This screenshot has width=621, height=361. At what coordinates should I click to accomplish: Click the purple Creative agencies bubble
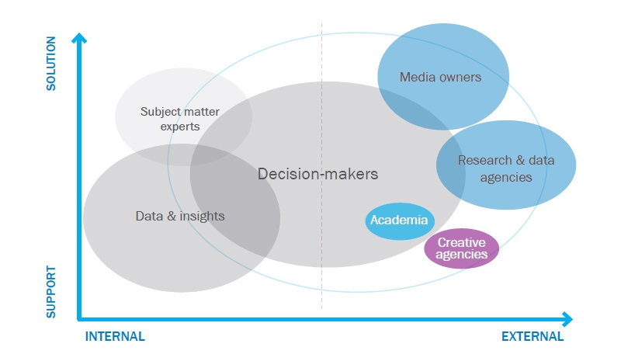pyautogui.click(x=461, y=248)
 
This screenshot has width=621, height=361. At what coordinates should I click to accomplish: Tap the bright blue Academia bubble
pyautogui.click(x=399, y=220)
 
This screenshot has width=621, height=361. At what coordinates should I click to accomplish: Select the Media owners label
pyautogui.click(x=440, y=77)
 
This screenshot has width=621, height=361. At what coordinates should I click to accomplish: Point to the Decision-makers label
pyautogui.click(x=318, y=174)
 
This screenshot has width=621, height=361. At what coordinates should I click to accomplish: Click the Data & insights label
pyautogui.click(x=180, y=216)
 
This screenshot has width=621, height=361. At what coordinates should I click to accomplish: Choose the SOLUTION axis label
pyautogui.click(x=51, y=62)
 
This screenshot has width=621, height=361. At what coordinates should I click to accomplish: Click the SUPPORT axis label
pyautogui.click(x=51, y=292)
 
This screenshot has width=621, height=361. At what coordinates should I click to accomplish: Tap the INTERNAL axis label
pyautogui.click(x=115, y=337)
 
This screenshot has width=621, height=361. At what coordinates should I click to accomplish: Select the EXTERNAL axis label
pyautogui.click(x=533, y=337)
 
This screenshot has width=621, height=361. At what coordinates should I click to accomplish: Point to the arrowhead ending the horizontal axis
pyautogui.click(x=567, y=319)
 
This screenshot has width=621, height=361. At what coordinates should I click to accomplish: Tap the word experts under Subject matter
pyautogui.click(x=180, y=126)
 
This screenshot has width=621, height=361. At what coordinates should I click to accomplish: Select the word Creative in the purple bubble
pyautogui.click(x=461, y=242)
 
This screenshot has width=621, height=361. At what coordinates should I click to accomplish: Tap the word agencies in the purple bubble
pyautogui.click(x=461, y=255)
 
